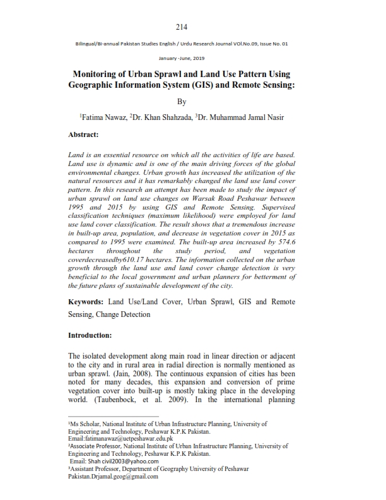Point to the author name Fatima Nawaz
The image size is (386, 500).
pyautogui.click(x=103, y=117)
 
